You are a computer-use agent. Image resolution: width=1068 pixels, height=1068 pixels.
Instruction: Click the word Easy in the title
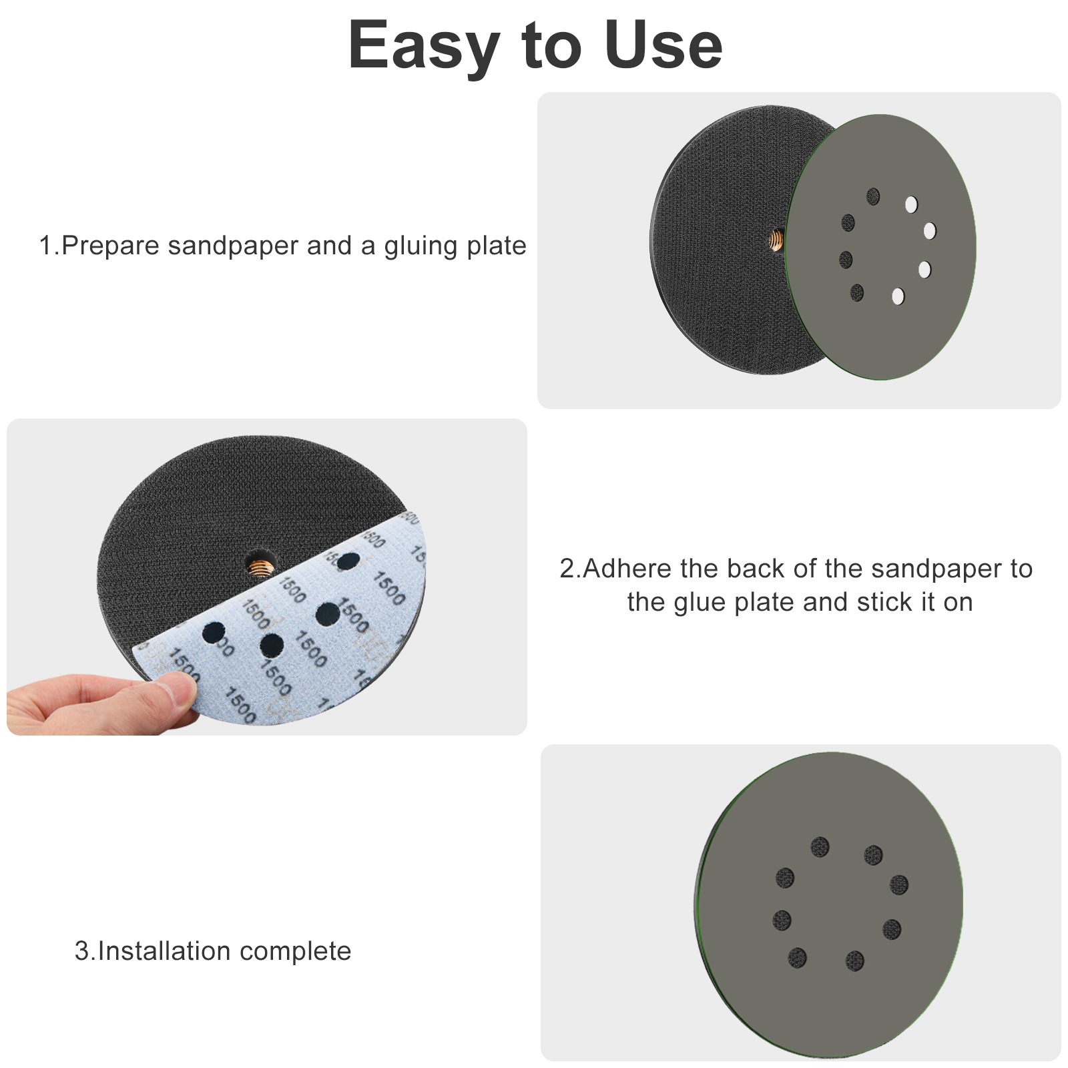pos(423,45)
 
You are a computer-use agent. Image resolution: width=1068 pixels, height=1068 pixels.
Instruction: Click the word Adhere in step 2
pos(629,569)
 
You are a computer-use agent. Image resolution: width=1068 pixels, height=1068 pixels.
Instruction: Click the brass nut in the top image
pos(776,238)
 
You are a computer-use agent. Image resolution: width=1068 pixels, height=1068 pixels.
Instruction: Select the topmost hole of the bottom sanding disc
pos(820,847)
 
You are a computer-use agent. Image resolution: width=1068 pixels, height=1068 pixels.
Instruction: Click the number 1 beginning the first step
pos(45,246)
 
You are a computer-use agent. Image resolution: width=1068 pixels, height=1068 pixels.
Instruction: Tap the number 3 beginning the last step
pos(81,951)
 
